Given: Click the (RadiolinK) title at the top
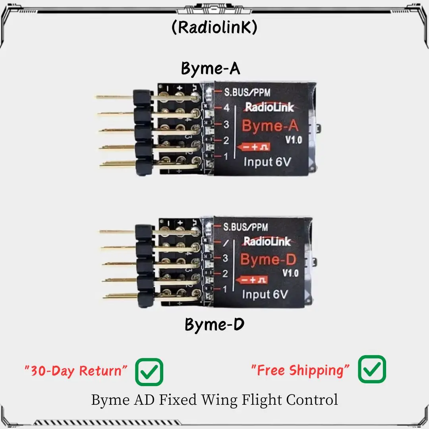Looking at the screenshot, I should tap(214, 27).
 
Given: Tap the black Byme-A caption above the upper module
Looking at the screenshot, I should tap(211, 68).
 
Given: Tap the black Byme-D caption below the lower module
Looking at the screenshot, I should tap(214, 325).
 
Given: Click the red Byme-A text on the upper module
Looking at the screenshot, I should tap(270, 126).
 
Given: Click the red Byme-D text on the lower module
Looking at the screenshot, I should tap(269, 260).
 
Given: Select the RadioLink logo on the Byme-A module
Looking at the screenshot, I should tap(269, 107).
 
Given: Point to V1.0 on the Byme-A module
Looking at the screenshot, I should tap(294, 140).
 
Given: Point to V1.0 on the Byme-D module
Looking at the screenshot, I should tap(290, 273).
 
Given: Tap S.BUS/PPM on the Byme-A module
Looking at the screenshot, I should tap(246, 93).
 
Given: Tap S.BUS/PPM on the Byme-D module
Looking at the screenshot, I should tap(245, 227).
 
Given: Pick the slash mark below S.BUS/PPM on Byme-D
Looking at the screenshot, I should tap(225, 243).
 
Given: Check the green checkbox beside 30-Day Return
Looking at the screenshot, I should tap(149, 372).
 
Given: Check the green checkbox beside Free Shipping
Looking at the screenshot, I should tap(372, 369).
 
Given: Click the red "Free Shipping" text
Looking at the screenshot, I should tap(301, 370).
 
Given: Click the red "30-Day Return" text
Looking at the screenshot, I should tap(76, 371).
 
